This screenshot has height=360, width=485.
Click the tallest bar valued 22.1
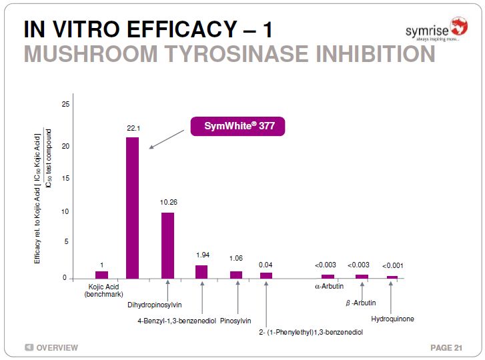click(x=133, y=207)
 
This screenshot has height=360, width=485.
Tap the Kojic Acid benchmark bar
click(x=101, y=274)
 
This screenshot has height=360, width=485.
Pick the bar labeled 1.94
click(x=201, y=271)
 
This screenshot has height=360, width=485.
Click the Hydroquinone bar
click(x=392, y=277)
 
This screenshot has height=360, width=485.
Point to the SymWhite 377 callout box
click(x=237, y=126)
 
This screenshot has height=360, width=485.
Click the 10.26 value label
click(x=167, y=201)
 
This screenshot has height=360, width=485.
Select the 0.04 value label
click(x=266, y=265)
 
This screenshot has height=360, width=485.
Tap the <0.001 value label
click(x=392, y=266)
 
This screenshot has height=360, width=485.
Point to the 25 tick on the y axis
click(x=65, y=105)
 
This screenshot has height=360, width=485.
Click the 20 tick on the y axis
click(x=65, y=147)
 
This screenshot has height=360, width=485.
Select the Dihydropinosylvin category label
click(x=153, y=305)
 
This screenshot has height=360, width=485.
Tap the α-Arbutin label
click(x=329, y=287)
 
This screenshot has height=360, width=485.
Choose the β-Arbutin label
click(x=360, y=303)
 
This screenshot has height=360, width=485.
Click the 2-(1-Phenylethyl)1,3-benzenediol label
click(x=310, y=331)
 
